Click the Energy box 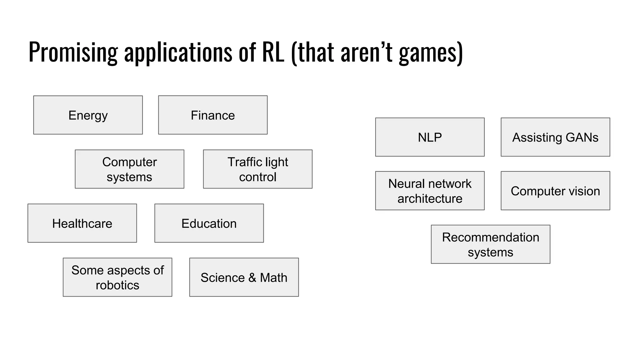[x=88, y=115]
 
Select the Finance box [x=213, y=115]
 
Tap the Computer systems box [x=129, y=169]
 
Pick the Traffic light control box [x=257, y=169]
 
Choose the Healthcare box [x=82, y=223]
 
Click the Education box [x=209, y=223]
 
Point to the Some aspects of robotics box [x=117, y=277]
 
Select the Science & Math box [x=244, y=277]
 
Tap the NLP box [x=430, y=137]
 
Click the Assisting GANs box [x=555, y=137]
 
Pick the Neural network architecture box [x=430, y=191]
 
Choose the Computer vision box [x=555, y=191]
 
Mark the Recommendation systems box [x=490, y=244]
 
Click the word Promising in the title [x=73, y=52]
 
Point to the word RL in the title [x=273, y=52]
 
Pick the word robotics [x=117, y=285]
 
